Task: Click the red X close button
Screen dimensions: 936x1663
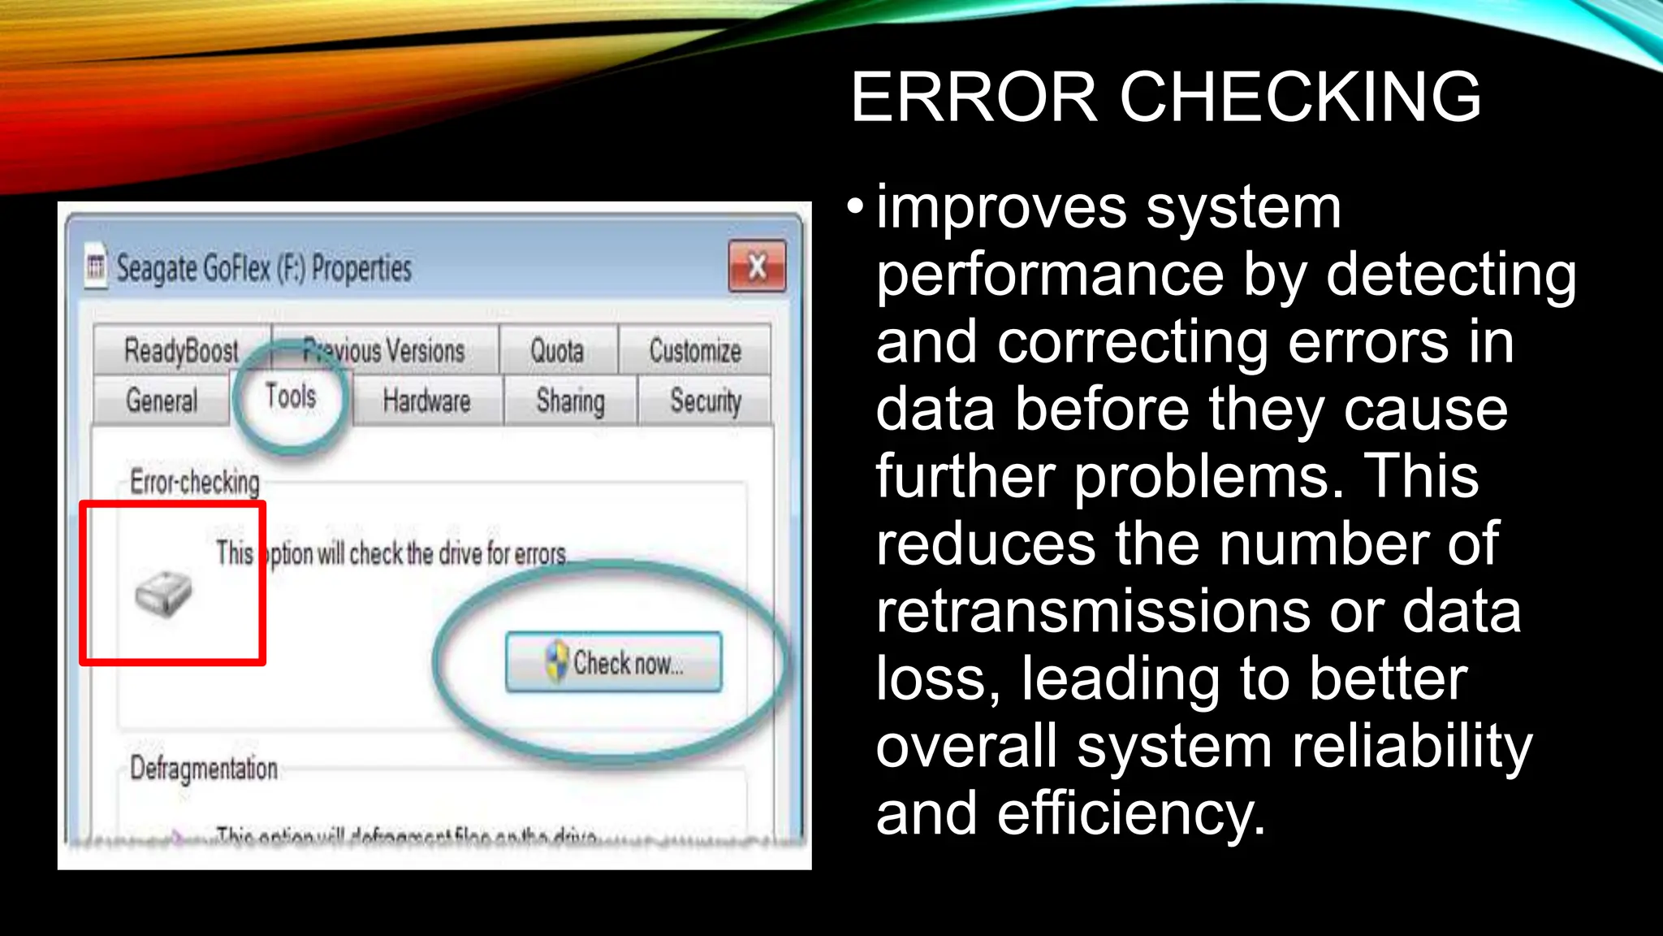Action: point(757,266)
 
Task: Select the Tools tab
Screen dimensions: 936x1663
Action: point(291,396)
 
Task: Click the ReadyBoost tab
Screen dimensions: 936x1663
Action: point(181,351)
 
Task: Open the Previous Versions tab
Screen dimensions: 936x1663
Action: point(384,351)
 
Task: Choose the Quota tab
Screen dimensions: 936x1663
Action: point(557,351)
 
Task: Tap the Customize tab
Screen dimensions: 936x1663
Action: point(695,351)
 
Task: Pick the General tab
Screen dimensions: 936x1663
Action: point(162,401)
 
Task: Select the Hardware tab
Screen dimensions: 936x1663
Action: point(426,401)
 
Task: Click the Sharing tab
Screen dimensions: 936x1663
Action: point(570,401)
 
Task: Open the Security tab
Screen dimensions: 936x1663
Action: point(706,401)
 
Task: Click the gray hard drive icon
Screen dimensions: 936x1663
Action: point(163,594)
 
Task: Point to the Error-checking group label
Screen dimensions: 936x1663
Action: point(195,482)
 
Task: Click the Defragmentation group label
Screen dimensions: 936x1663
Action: point(204,768)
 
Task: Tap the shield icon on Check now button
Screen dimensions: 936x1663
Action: point(557,661)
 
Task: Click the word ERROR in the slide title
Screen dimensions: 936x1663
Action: point(974,97)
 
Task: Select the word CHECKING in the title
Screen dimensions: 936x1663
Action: point(1301,97)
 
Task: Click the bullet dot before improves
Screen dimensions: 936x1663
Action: point(855,207)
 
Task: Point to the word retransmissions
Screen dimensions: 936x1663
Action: point(1092,611)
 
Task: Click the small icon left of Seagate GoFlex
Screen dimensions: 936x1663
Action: point(96,266)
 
